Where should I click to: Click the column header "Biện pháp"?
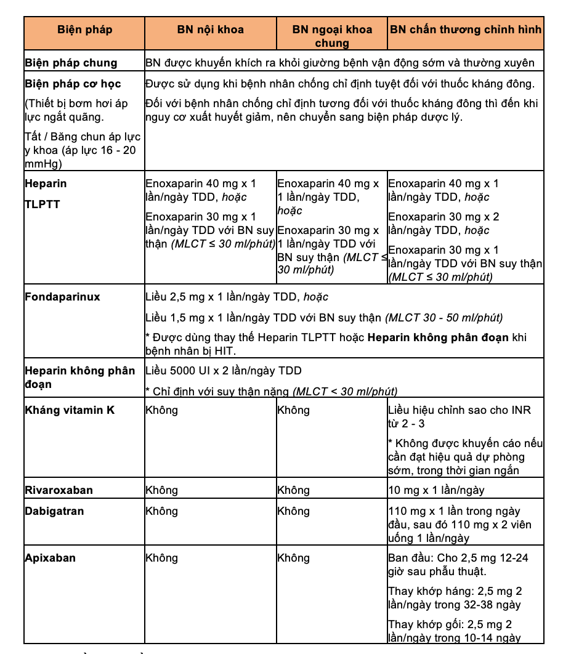pos(84,30)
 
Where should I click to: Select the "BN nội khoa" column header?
pos(210,30)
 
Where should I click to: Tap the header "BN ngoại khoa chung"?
pos(332,36)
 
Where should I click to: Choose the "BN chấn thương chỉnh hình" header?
pos(466,30)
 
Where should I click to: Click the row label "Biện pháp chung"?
pos(71,63)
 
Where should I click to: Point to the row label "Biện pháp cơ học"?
pos(73,84)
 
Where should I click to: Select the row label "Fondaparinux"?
pos(62,297)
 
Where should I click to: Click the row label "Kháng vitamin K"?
pos(70,410)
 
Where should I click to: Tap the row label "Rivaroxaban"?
pos(59,490)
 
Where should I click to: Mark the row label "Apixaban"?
pos(51,558)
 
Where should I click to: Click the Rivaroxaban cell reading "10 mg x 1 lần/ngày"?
pos(436,491)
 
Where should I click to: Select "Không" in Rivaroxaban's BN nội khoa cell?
pos(161,491)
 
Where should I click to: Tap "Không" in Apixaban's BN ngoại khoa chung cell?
pos(293,559)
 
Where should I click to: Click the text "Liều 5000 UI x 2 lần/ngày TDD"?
pos(223,371)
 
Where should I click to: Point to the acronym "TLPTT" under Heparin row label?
pos(43,204)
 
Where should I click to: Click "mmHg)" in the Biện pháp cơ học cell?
pos(43,164)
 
